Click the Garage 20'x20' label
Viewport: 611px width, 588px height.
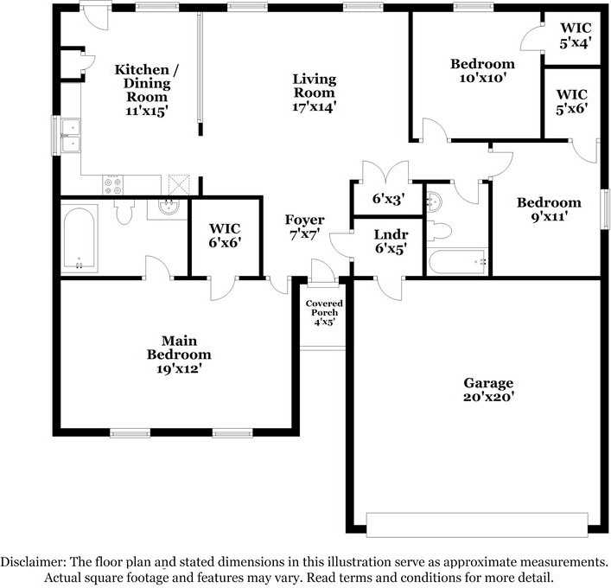488,390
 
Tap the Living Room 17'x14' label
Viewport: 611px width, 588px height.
314,93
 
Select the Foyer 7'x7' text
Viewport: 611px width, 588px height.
305,227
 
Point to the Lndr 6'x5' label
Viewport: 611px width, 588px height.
391,241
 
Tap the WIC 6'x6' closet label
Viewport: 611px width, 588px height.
225,236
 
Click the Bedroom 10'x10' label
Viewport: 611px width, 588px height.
482,70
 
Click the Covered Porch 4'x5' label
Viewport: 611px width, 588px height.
324,312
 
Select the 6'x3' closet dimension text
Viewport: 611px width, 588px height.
388,199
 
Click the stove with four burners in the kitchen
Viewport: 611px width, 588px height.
115,184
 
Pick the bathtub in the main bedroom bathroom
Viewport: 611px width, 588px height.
80,239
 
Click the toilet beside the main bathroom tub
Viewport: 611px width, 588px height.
124,213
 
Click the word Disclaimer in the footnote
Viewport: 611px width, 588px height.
32,561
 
